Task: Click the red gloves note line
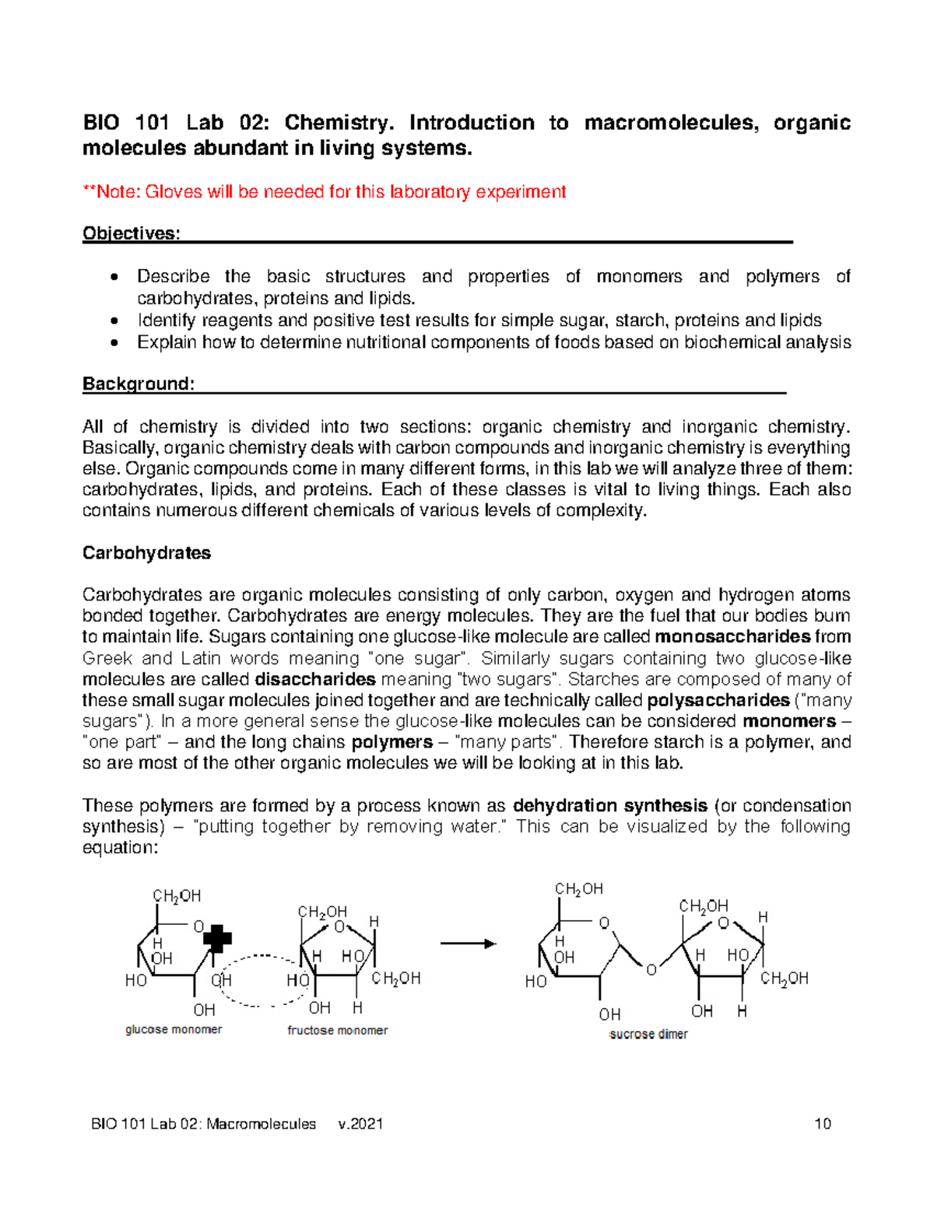pyautogui.click(x=325, y=192)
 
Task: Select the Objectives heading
pyautogui.click(x=131, y=234)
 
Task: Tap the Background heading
pyautogui.click(x=138, y=384)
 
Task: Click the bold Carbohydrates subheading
pyautogui.click(x=146, y=553)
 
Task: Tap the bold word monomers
pyautogui.click(x=788, y=721)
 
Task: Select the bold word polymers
pyautogui.click(x=392, y=742)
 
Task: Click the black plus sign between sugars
pyautogui.click(x=217, y=939)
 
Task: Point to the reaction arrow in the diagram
pyautogui.click(x=468, y=944)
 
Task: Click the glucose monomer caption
pyautogui.click(x=174, y=1030)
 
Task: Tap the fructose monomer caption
pyautogui.click(x=337, y=1031)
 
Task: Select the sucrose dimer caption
pyautogui.click(x=648, y=1035)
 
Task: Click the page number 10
pyautogui.click(x=823, y=1124)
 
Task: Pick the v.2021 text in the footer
pyautogui.click(x=360, y=1124)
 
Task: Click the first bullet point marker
pyautogui.click(x=115, y=278)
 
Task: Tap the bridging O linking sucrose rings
pyautogui.click(x=651, y=970)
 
